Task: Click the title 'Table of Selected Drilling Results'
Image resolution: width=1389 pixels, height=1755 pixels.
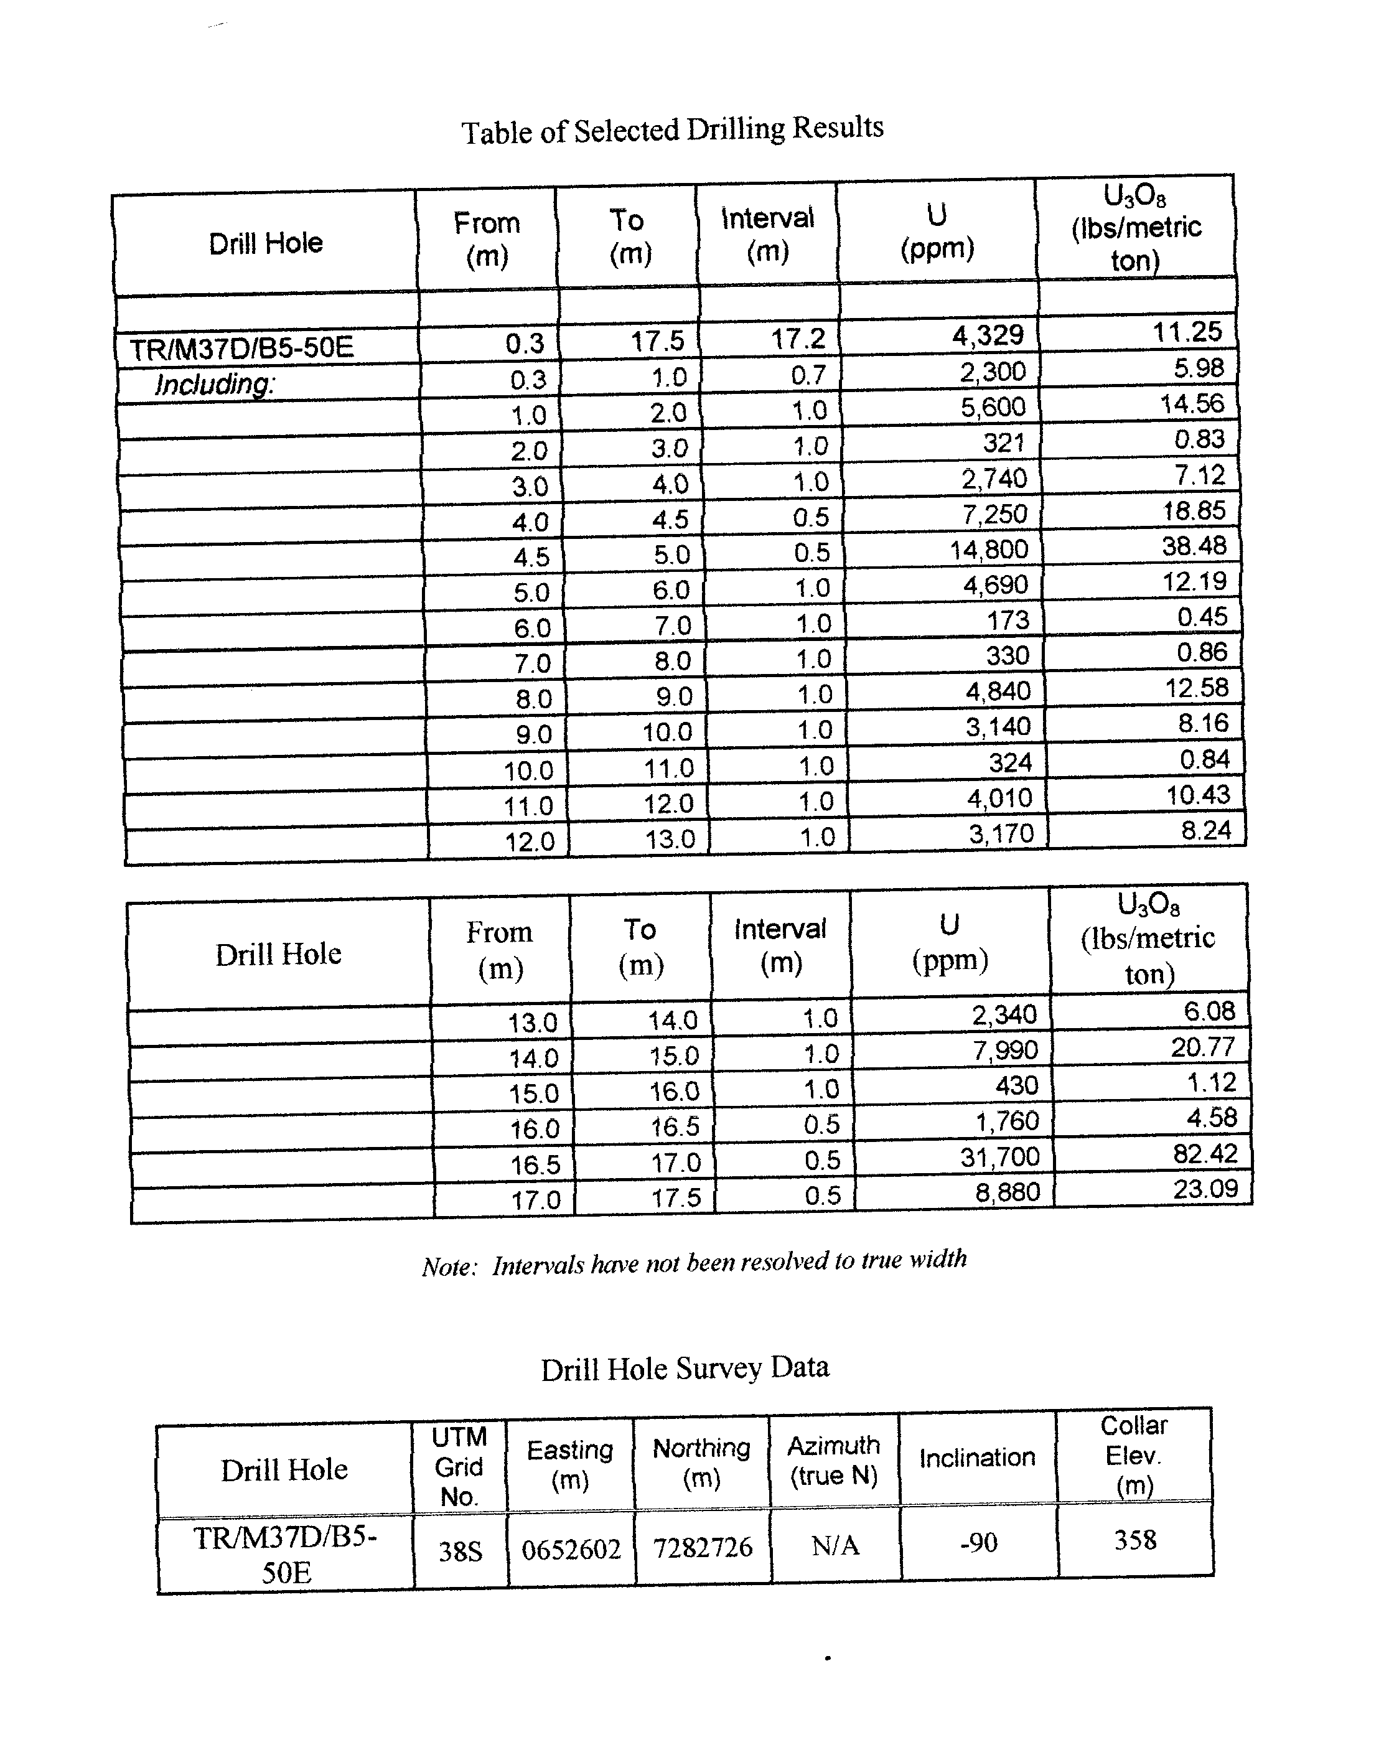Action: tap(673, 130)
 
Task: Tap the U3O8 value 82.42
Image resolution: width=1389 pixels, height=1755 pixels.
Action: tap(1204, 1154)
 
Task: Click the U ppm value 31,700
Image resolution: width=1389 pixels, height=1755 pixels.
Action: tap(999, 1156)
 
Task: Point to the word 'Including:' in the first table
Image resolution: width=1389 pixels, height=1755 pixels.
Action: tap(215, 384)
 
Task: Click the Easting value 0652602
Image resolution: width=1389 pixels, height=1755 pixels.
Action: tap(571, 1549)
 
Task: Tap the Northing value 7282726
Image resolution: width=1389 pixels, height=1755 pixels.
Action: tap(703, 1547)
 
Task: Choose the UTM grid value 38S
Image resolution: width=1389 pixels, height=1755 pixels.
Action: tap(461, 1551)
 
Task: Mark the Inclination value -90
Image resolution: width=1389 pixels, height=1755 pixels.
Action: tap(978, 1543)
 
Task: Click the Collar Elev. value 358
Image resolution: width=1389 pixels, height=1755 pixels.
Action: tap(1134, 1540)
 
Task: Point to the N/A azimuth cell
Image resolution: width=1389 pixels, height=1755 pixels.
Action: tap(835, 1545)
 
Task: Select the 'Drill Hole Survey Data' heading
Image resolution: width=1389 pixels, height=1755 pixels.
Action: tap(685, 1368)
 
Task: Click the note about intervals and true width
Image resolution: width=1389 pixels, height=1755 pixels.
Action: tap(694, 1263)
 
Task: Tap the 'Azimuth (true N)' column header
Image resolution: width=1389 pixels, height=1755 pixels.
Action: tap(833, 1461)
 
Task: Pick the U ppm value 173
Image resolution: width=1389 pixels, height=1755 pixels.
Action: tap(1008, 620)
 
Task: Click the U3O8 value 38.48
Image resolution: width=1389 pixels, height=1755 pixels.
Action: tap(1193, 546)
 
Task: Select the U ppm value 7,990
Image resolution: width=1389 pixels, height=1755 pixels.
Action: tap(1005, 1050)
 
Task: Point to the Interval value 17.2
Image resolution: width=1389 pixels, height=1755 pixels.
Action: tap(798, 339)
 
